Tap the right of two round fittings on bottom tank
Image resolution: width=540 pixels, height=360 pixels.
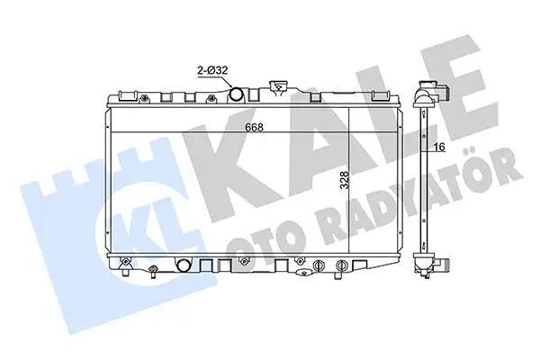[344, 265]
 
